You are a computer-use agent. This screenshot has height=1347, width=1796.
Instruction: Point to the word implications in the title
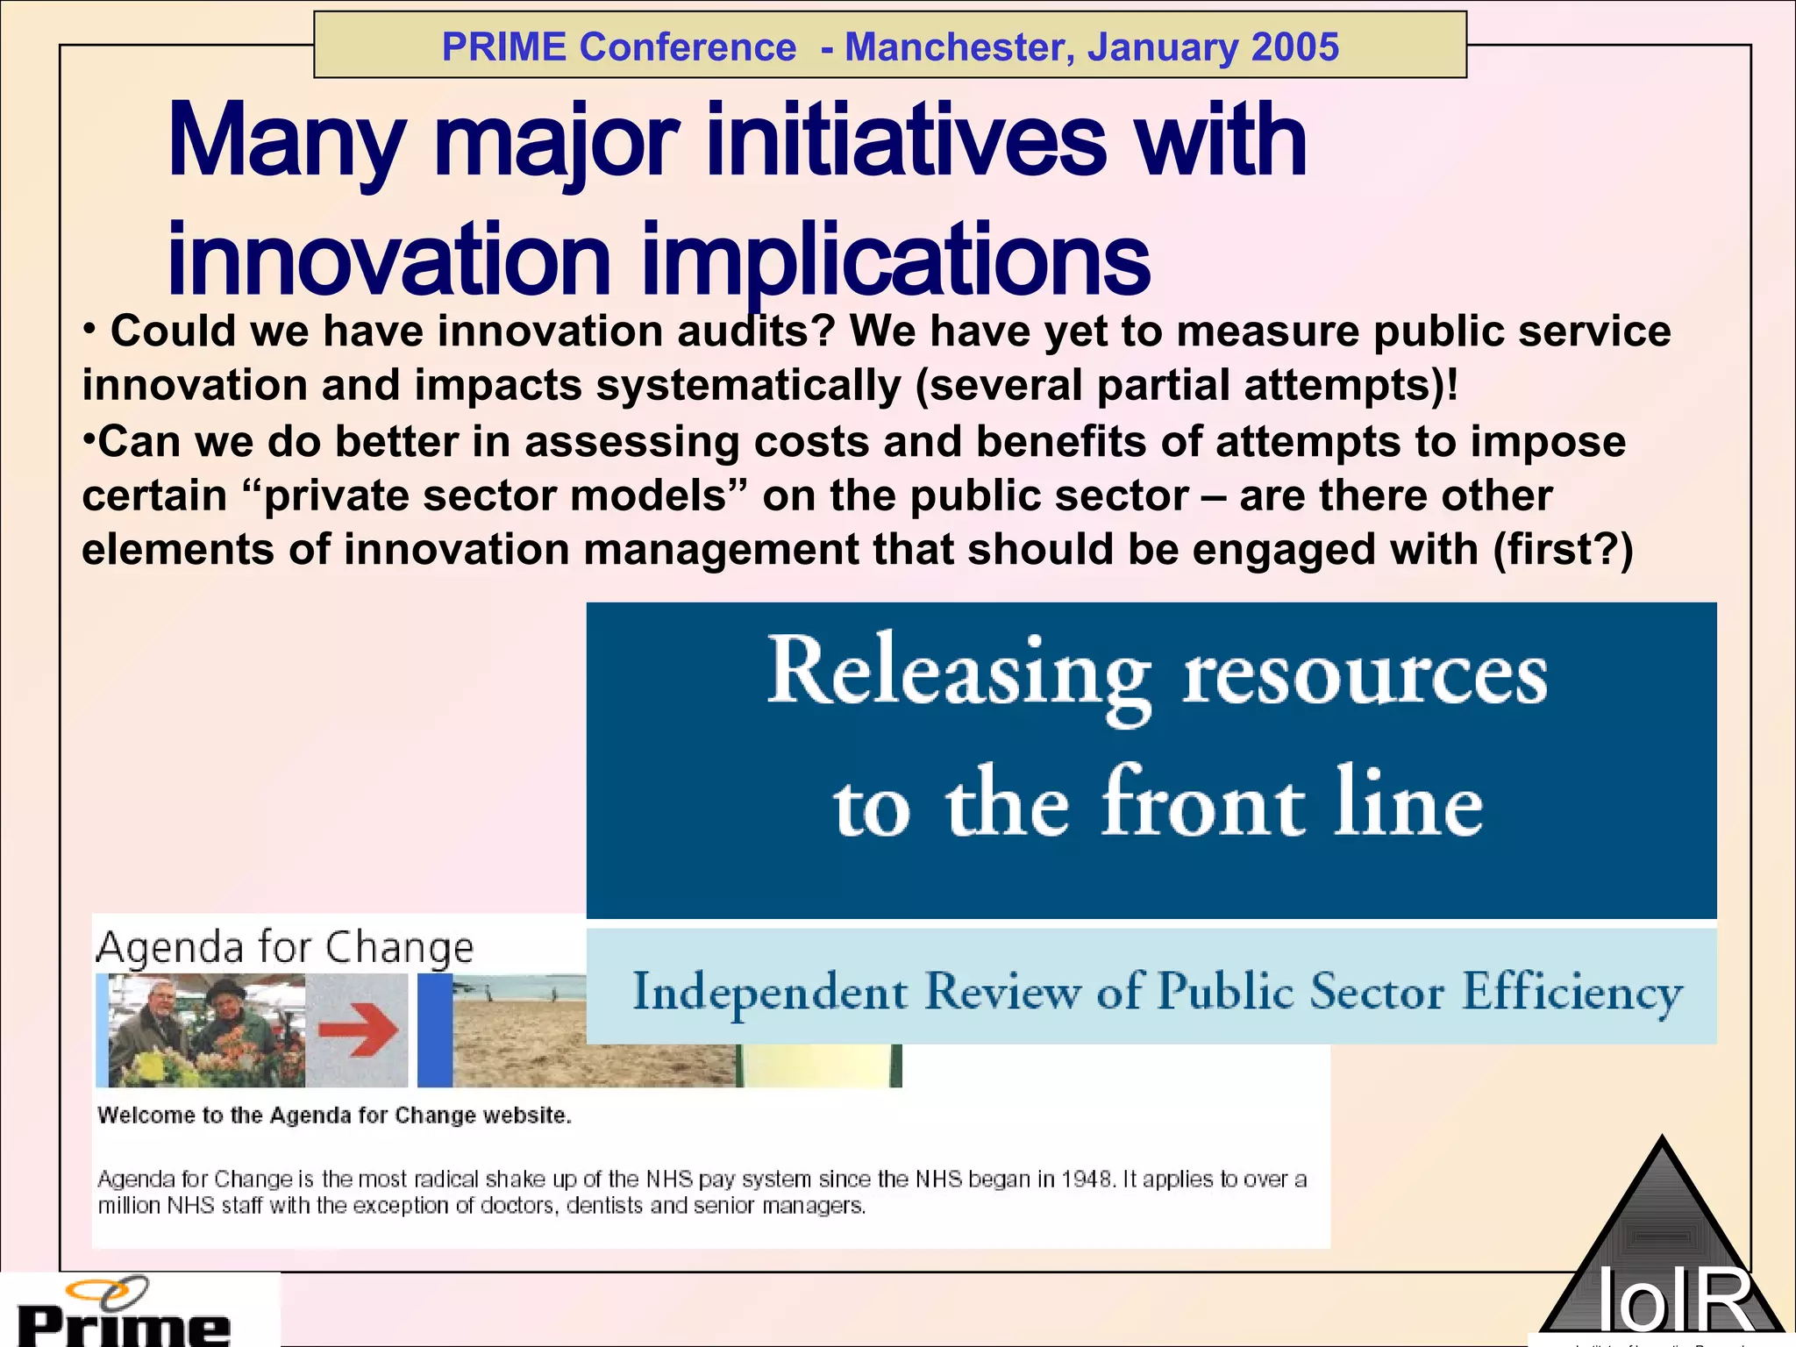[895, 260]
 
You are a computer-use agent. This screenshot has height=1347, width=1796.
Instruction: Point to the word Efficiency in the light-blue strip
[1571, 993]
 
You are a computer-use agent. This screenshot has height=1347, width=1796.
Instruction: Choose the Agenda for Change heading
[285, 948]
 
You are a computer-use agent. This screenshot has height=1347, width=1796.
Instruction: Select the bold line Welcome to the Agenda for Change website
[334, 1115]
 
